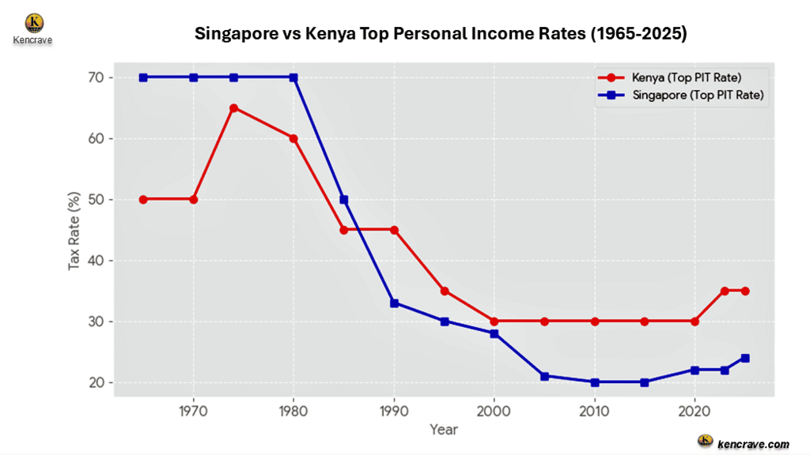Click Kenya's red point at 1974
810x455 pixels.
[233, 107]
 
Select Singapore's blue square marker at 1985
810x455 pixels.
[343, 199]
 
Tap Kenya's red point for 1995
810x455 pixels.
[445, 291]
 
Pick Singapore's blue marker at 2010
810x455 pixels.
[594, 382]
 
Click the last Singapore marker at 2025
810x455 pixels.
[745, 358]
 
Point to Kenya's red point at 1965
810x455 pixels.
[143, 199]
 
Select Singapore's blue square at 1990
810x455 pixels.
[394, 303]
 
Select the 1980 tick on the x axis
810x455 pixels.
[293, 411]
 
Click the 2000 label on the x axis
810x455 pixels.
[494, 411]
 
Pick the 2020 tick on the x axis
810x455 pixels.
[695, 411]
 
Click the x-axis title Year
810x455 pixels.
[443, 430]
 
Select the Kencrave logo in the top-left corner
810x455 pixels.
[34, 23]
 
